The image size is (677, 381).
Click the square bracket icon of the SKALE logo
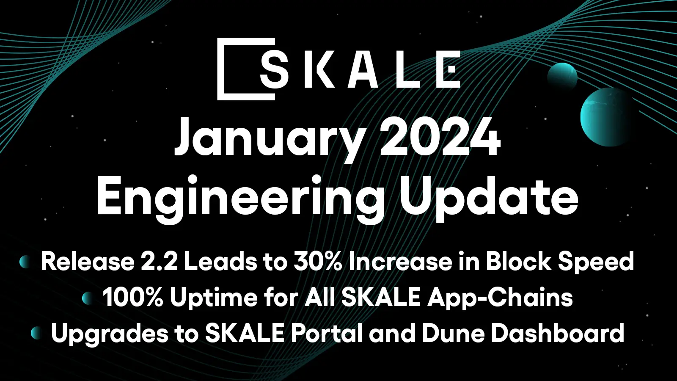point(224,69)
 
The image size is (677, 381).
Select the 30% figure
point(318,262)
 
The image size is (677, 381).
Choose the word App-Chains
point(500,298)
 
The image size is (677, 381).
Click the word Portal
point(326,333)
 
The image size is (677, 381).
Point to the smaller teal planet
point(562,76)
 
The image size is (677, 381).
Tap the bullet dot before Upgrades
point(36,333)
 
